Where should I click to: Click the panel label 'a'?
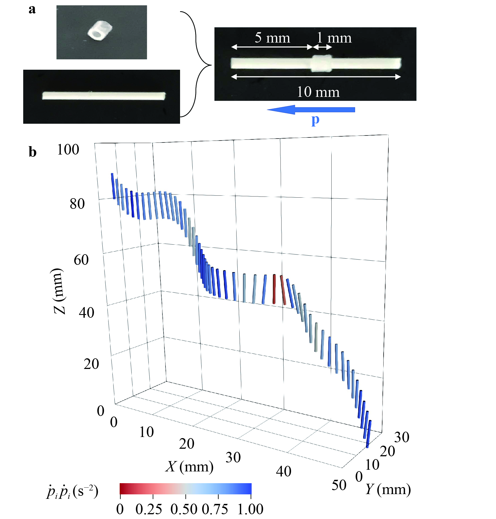click(32, 10)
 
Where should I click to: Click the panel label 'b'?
click(33, 152)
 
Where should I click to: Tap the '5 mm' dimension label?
click(272, 38)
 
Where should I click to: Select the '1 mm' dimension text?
click(334, 38)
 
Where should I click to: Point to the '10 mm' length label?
click(318, 92)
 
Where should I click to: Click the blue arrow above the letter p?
click(311, 110)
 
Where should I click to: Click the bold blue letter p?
click(315, 120)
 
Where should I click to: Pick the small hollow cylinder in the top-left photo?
click(100, 31)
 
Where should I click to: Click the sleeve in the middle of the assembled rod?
click(322, 63)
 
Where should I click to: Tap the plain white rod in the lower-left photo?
click(104, 96)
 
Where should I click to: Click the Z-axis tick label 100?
click(68, 150)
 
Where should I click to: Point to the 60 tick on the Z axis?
click(81, 260)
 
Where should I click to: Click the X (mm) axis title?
click(190, 467)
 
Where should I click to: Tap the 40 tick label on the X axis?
click(284, 472)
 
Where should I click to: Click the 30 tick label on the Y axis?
click(402, 437)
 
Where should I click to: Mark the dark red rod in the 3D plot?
click(274, 289)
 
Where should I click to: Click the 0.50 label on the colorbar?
click(184, 509)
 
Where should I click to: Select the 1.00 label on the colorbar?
click(250, 509)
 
